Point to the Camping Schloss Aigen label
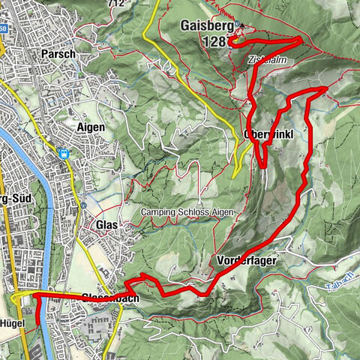click(187, 213)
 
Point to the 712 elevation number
click(115, 4)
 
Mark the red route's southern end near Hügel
click(35, 322)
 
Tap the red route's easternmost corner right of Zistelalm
click(325, 88)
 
